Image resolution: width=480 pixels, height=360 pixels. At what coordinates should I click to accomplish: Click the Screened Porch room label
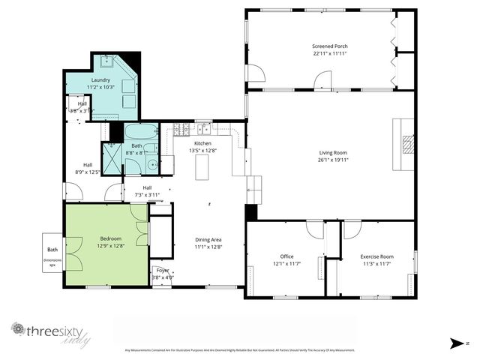[330, 46]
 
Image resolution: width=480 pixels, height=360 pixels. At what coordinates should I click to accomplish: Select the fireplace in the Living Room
[407, 142]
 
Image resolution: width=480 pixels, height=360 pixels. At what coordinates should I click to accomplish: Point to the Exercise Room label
[376, 256]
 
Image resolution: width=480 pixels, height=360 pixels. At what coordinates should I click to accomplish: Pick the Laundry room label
[100, 80]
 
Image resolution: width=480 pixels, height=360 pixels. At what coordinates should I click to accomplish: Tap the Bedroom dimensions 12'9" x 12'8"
[109, 246]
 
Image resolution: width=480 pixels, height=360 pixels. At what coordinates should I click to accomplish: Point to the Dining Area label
[208, 239]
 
